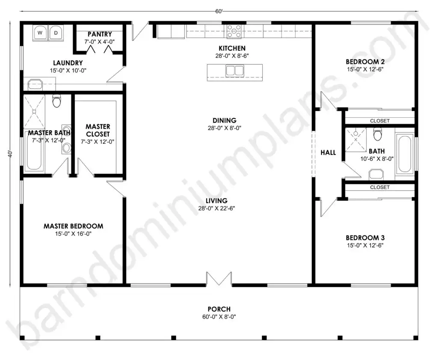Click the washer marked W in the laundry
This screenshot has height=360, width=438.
[40, 33]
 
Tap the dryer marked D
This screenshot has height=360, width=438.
[56, 33]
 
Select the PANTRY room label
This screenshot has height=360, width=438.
[100, 34]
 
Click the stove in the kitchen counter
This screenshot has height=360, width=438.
[234, 31]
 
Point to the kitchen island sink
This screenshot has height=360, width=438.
[235, 71]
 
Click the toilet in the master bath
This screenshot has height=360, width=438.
[57, 101]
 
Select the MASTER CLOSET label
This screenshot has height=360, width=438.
[98, 130]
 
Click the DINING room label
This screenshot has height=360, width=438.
[225, 120]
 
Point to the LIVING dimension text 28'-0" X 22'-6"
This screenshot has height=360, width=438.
[217, 208]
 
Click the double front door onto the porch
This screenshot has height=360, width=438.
[219, 279]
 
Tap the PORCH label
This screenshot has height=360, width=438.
[219, 309]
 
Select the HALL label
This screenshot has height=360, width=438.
[328, 153]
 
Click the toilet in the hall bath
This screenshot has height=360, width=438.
[377, 134]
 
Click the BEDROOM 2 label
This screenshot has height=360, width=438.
[365, 62]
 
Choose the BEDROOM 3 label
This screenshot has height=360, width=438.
[365, 238]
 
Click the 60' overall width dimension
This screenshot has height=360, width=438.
[219, 11]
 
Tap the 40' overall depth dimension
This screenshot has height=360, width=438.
[10, 154]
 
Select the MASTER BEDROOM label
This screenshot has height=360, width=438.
[74, 226]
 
